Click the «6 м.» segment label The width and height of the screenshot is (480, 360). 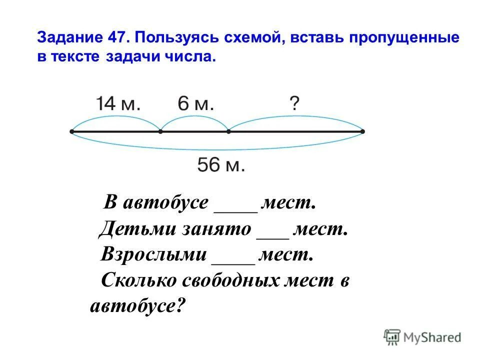tap(195, 104)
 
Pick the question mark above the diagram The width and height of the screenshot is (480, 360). tap(294, 103)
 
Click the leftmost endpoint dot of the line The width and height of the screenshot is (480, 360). tap(72, 132)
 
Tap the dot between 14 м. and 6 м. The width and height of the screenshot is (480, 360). tap(160, 132)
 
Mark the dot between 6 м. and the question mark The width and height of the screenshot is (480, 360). tap(228, 132)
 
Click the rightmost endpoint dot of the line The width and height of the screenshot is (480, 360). tap(362, 132)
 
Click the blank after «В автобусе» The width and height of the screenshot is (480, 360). tap(235, 209)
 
